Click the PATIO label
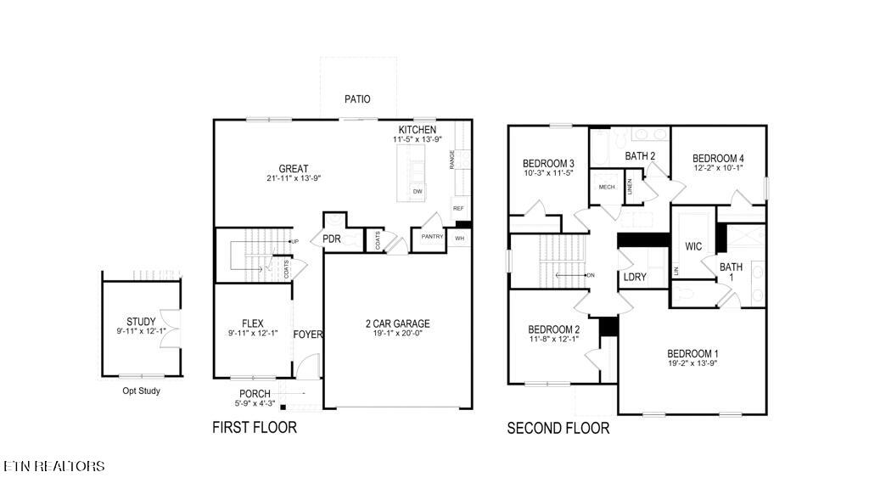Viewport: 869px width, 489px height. (x=357, y=99)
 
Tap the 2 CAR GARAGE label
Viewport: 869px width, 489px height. (x=397, y=323)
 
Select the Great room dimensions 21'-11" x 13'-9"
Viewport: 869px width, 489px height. (x=294, y=178)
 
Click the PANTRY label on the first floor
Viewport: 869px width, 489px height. (x=432, y=237)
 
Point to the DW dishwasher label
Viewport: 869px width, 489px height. (x=418, y=192)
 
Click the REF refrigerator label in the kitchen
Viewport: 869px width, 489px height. (x=458, y=208)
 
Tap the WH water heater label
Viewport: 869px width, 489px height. (x=459, y=239)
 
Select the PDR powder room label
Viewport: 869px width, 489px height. (x=331, y=239)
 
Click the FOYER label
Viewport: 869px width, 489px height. (x=308, y=334)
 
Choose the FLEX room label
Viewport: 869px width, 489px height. (x=253, y=323)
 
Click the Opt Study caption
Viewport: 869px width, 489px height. (x=141, y=391)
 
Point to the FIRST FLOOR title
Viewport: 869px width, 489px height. (x=255, y=428)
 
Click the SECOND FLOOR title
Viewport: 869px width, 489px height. (x=558, y=429)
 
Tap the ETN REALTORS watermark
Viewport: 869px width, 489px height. (x=54, y=466)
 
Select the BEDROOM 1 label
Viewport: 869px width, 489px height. (x=692, y=354)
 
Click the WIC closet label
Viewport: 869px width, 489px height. (x=695, y=246)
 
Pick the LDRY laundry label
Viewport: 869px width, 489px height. (x=635, y=278)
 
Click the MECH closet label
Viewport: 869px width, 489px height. (x=607, y=188)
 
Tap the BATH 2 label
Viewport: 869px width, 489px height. (x=640, y=155)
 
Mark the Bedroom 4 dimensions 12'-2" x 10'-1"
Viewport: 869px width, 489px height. (x=718, y=168)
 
